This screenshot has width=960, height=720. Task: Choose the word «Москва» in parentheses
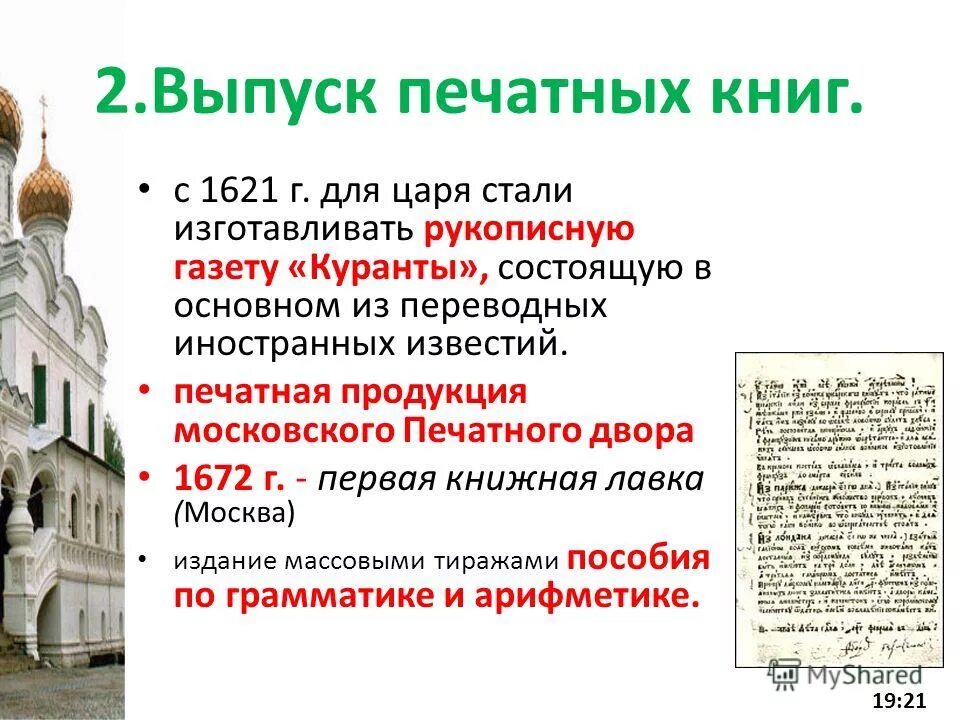coord(237,513)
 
